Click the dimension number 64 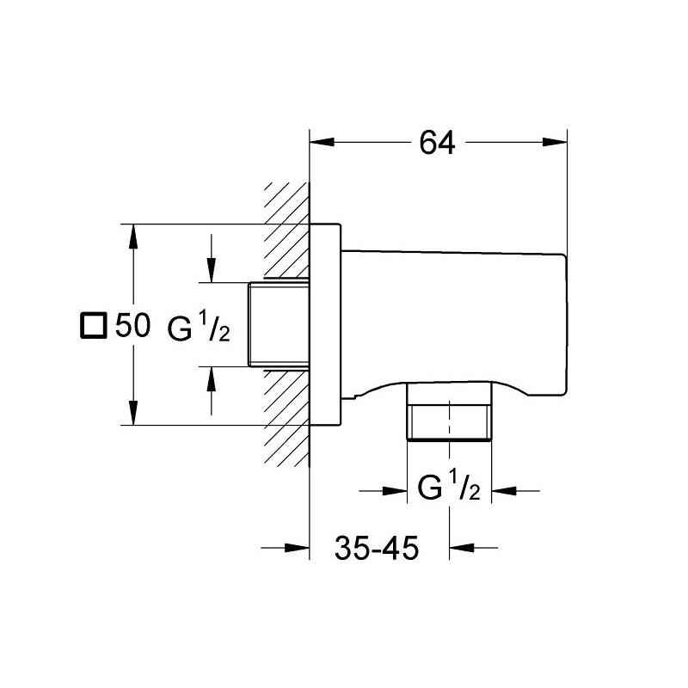(438, 143)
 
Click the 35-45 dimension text (377, 548)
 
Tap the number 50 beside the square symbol (133, 326)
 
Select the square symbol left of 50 (94, 326)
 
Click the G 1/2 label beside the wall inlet (199, 326)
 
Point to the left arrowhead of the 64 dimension (322, 142)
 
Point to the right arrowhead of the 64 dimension (555, 142)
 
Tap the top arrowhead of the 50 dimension (133, 237)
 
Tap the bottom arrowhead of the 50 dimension (133, 413)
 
